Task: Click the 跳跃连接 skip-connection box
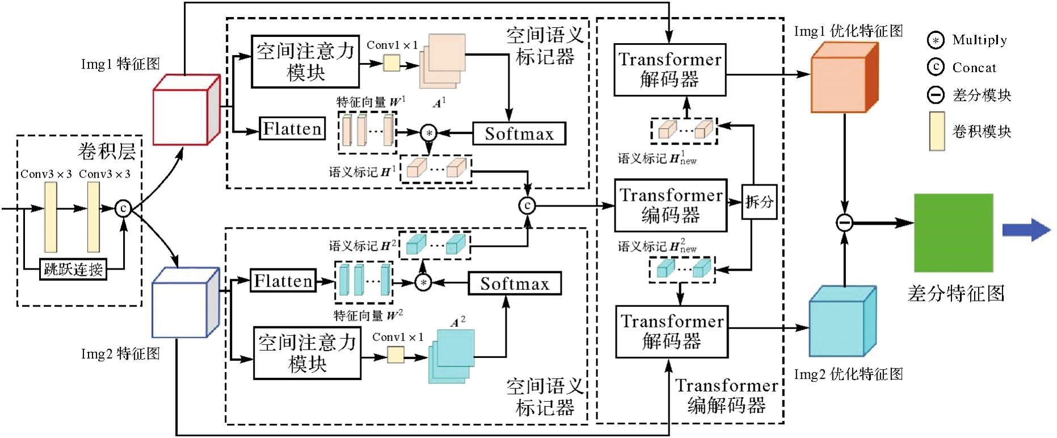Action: click(74, 269)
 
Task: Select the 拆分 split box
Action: click(759, 202)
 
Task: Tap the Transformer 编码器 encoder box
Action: click(671, 205)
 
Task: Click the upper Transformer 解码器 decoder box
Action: click(669, 70)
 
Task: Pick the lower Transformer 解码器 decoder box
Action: click(672, 332)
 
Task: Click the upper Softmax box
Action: click(519, 134)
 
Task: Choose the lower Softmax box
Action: click(515, 284)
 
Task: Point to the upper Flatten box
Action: click(292, 129)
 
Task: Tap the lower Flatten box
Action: click(283, 281)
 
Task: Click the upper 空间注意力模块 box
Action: click(305, 62)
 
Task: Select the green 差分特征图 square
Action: click(953, 233)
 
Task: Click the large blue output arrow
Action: click(1026, 230)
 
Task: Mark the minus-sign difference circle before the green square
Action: click(845, 222)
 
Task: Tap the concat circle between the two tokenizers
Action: click(528, 205)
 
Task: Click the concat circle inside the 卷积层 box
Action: click(123, 208)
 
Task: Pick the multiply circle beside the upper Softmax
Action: click(429, 133)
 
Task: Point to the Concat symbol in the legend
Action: click(936, 67)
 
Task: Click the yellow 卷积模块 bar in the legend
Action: click(937, 131)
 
